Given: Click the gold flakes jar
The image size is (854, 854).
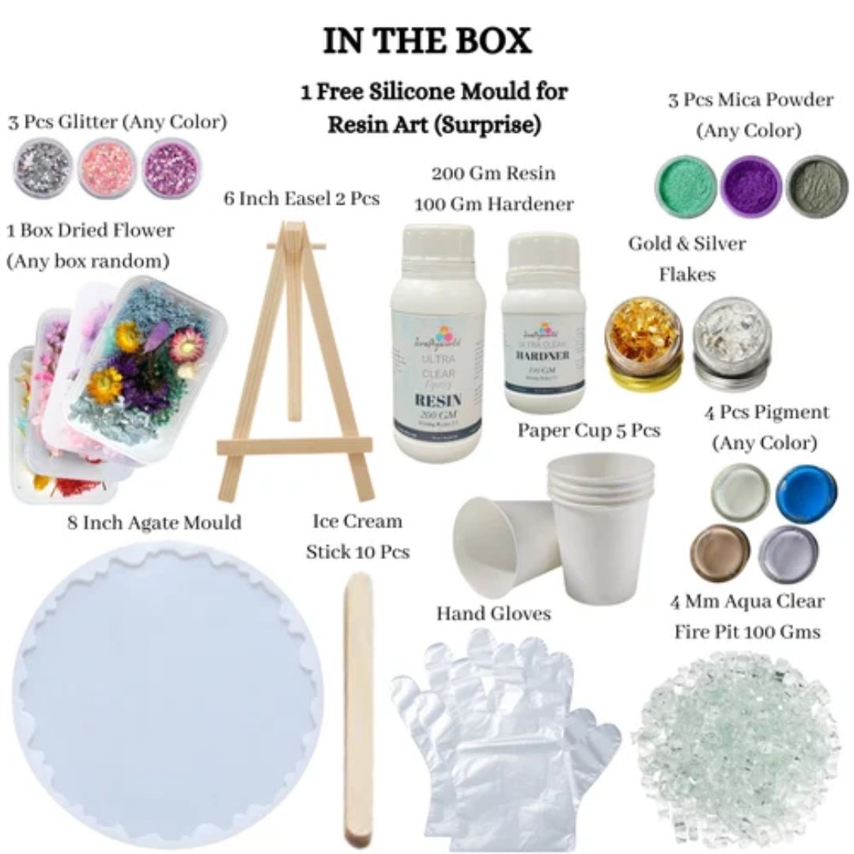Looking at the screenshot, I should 640,341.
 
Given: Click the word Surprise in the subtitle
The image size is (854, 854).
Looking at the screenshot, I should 501,125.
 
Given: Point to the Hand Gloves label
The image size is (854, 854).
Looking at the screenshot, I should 493,613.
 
